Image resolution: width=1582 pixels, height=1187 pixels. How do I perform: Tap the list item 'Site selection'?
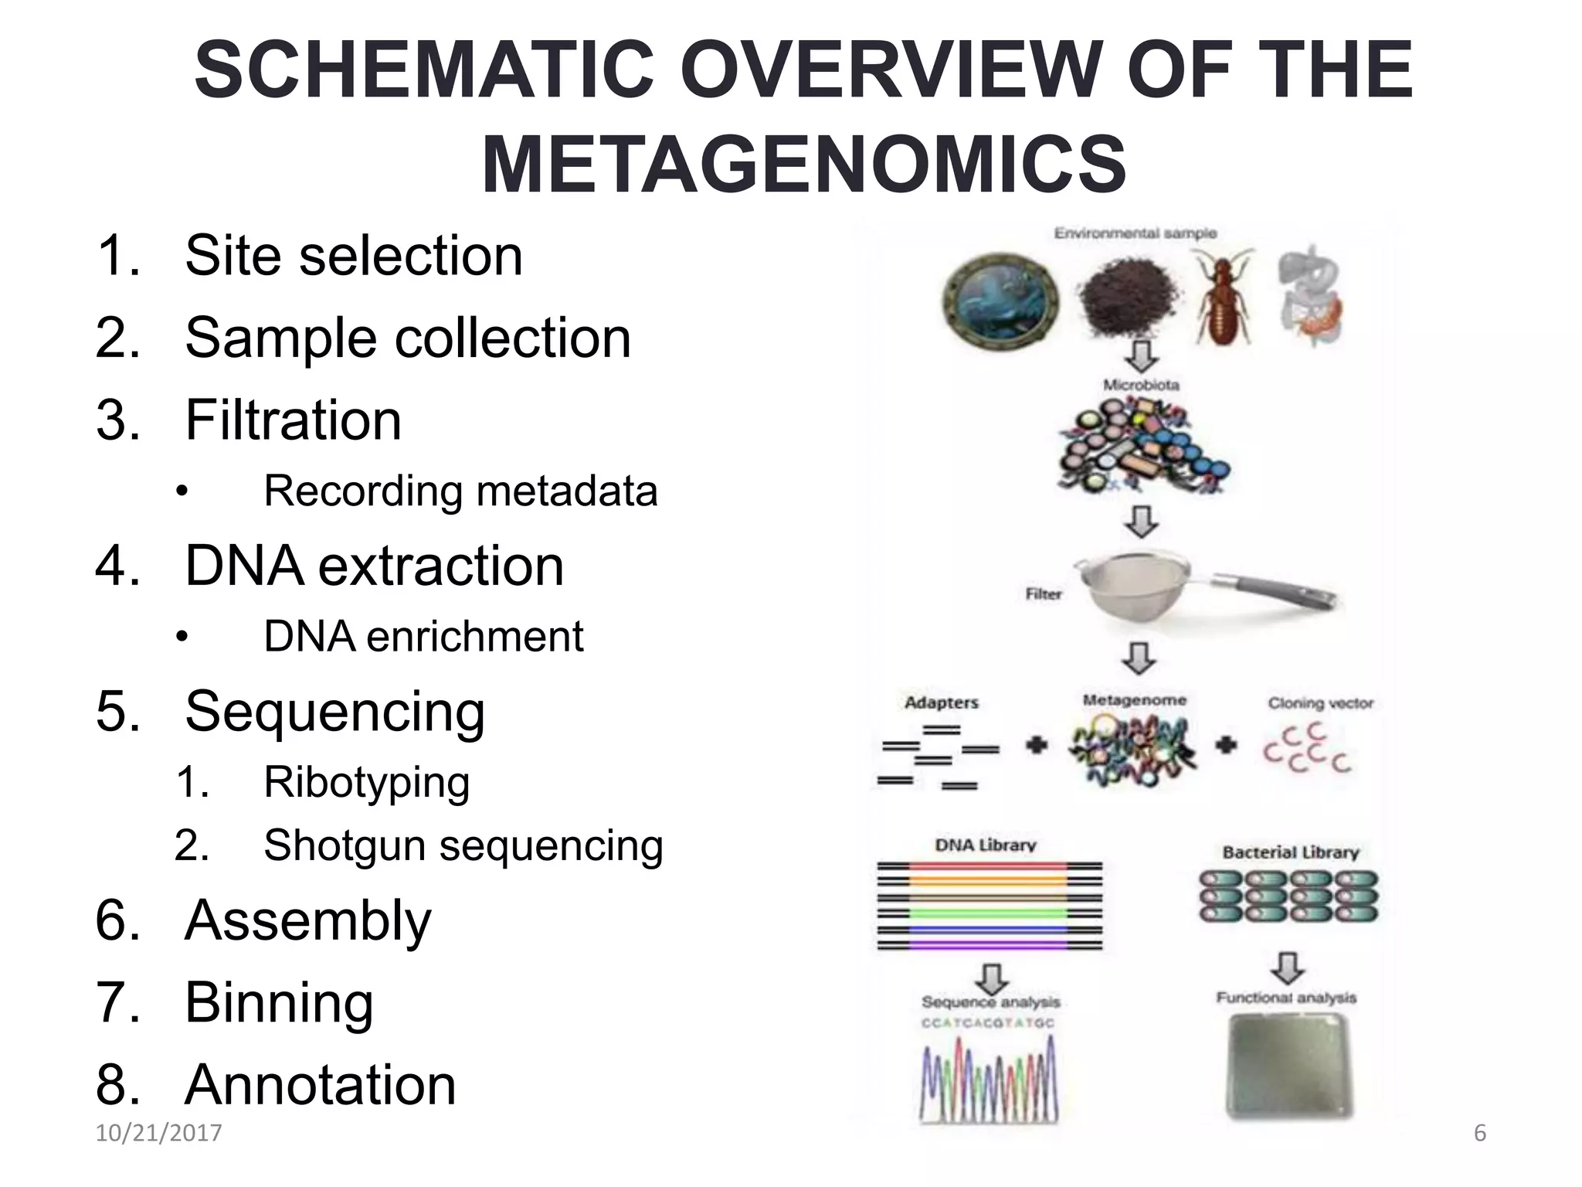click(x=354, y=256)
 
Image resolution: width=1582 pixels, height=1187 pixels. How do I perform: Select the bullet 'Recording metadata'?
click(x=460, y=491)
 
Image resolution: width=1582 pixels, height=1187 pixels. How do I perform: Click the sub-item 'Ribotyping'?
click(x=367, y=782)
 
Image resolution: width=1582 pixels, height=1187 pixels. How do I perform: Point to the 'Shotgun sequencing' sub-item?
click(x=463, y=845)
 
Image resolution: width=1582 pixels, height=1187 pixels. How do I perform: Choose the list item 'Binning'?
click(x=279, y=1002)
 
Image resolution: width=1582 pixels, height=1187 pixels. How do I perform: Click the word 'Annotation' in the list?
click(x=321, y=1084)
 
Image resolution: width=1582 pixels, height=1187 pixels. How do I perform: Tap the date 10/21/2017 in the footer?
click(x=158, y=1133)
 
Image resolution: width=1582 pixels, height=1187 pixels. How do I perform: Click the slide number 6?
click(x=1479, y=1133)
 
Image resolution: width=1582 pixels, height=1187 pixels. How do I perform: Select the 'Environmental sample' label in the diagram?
click(x=1136, y=233)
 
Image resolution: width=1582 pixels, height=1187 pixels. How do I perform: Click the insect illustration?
click(x=1224, y=298)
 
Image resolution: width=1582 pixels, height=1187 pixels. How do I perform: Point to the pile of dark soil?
click(x=1129, y=298)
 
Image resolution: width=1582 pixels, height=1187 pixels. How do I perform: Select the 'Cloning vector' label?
click(x=1320, y=703)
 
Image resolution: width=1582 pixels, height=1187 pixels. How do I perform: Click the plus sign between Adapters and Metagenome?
click(x=1037, y=746)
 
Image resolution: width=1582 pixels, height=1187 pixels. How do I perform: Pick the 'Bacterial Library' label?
click(x=1290, y=852)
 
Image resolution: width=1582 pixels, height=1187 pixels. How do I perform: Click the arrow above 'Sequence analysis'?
click(x=991, y=978)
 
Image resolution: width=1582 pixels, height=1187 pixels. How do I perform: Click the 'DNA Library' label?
click(x=986, y=845)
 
